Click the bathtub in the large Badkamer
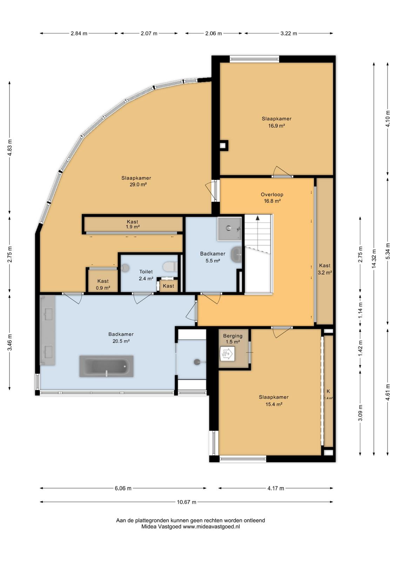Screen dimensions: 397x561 pyautogui.click(x=106, y=366)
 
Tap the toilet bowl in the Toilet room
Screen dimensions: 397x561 pyautogui.click(x=170, y=266)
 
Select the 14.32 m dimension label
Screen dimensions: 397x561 pyautogui.click(x=374, y=259)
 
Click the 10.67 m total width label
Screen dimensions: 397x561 pyautogui.click(x=187, y=502)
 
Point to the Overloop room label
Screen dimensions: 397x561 pyautogui.click(x=272, y=194)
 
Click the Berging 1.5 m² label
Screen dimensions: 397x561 pyautogui.click(x=233, y=339)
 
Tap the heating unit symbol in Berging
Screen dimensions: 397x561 pyautogui.click(x=227, y=354)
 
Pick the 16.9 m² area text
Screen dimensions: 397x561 pyautogui.click(x=276, y=126)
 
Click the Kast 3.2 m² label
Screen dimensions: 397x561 pyautogui.click(x=325, y=269)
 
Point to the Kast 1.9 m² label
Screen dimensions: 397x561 pyautogui.click(x=133, y=224)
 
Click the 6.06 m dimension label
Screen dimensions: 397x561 pyautogui.click(x=123, y=488)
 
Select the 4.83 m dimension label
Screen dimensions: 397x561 pyautogui.click(x=9, y=148)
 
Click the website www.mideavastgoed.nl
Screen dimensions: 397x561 pyautogui.click(x=211, y=527)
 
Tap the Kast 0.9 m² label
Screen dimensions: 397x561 pyautogui.click(x=103, y=284)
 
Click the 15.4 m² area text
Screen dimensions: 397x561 pyautogui.click(x=274, y=404)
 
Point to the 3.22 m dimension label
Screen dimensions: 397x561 pyautogui.click(x=289, y=33)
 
